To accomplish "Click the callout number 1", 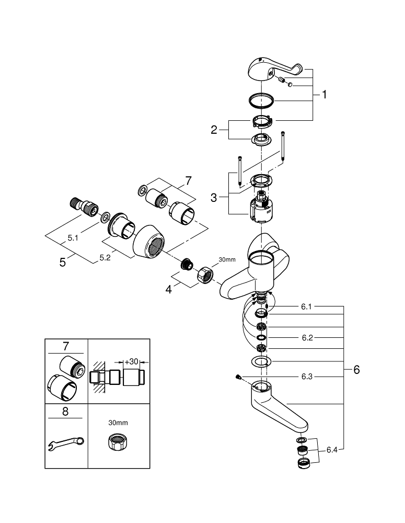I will (324, 95).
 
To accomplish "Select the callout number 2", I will (214, 130).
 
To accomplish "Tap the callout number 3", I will (213, 198).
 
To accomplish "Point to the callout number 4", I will (168, 289).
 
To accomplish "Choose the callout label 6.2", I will (307, 338).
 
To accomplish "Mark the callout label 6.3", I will (307, 377).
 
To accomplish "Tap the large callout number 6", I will (356, 370).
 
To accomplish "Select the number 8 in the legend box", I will (65, 412).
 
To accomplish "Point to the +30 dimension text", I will (133, 361).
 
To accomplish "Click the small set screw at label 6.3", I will (238, 377).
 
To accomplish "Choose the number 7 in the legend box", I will (66, 346).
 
